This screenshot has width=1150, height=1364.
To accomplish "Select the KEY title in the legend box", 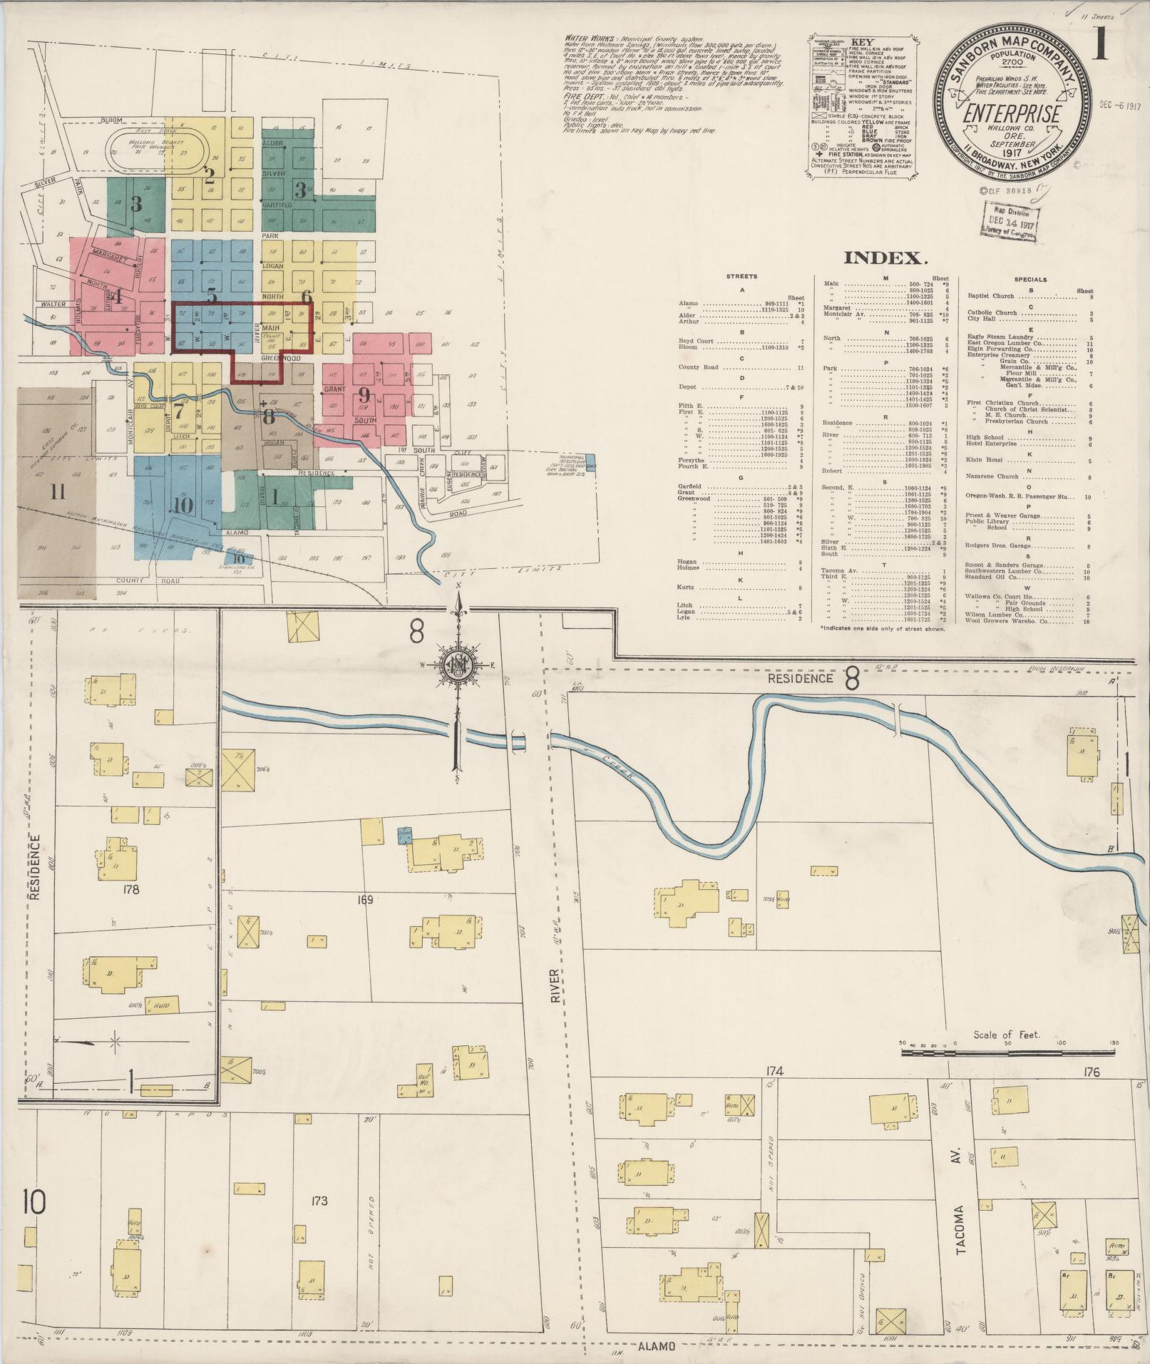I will tap(862, 41).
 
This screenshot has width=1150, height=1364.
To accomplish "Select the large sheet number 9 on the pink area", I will tap(364, 394).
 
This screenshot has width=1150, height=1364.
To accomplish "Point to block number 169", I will tap(364, 900).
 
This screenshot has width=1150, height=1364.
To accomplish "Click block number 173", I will tap(319, 1201).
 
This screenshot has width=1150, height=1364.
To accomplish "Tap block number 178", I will tap(130, 889).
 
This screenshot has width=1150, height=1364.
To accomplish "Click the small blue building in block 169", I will tap(404, 835).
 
